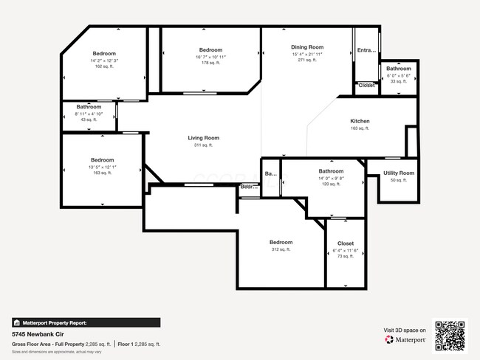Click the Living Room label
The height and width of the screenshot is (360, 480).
(203, 138)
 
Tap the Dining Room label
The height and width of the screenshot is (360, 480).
(307, 47)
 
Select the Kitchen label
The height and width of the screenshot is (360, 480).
(360, 121)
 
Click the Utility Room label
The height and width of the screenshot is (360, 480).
(398, 173)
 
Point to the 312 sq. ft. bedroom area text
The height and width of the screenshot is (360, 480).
(281, 249)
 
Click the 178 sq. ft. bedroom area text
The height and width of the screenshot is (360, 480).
(210, 63)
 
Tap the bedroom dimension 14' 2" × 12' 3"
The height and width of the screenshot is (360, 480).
(104, 60)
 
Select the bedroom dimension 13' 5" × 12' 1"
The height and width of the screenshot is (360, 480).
(103, 167)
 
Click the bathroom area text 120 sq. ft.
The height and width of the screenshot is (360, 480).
(331, 184)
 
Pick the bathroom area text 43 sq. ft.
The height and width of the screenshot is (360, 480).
(89, 120)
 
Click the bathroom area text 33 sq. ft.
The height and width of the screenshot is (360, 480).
(397, 81)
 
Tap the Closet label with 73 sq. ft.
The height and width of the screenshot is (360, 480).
(345, 243)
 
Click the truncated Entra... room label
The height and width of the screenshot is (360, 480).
(366, 50)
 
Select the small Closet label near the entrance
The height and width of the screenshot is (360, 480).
(366, 86)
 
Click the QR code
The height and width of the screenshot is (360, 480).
(450, 334)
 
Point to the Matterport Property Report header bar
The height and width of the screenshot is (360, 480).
(86, 322)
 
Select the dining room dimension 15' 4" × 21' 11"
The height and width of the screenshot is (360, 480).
(307, 54)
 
